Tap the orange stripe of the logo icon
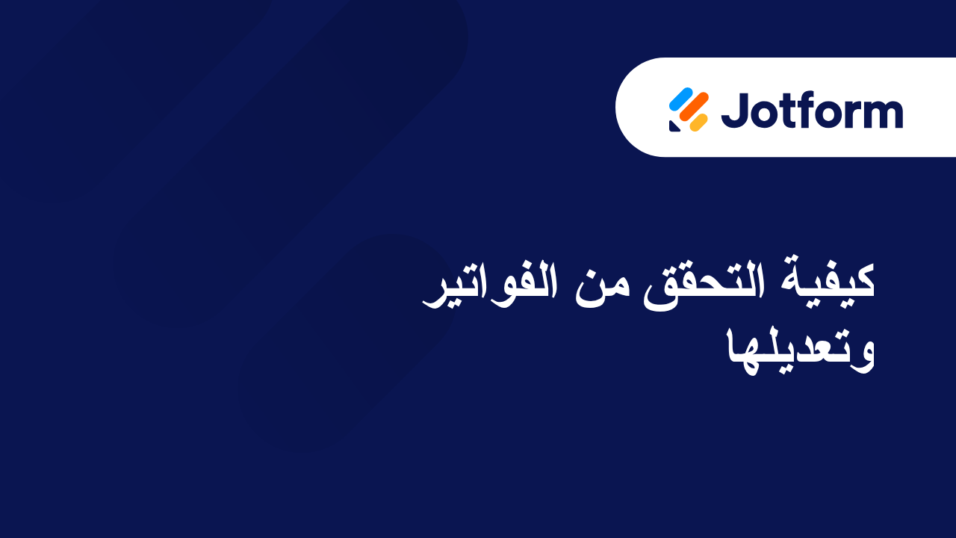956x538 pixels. pos(695,109)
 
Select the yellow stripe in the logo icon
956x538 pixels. pos(698,122)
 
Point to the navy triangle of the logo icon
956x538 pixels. pos(674,126)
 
